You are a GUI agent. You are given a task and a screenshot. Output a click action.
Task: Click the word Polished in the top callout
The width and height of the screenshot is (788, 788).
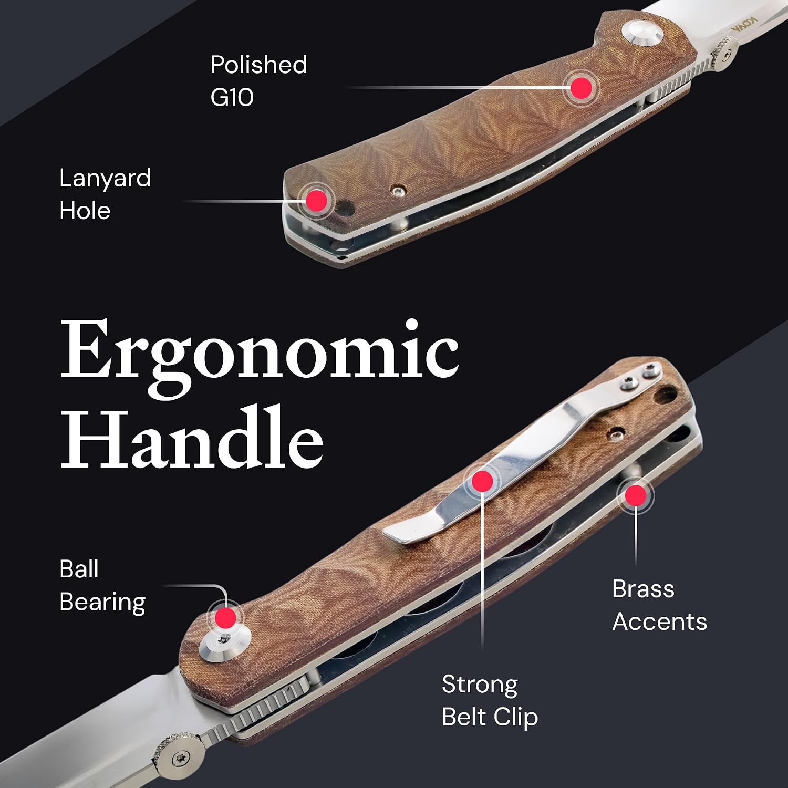point(258,65)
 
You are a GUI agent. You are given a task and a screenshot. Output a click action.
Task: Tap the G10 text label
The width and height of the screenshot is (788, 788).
point(232,97)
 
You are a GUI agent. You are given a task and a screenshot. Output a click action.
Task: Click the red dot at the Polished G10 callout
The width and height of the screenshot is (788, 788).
point(581,88)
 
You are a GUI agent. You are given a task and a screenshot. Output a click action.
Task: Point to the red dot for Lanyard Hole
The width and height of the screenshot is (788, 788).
point(317,200)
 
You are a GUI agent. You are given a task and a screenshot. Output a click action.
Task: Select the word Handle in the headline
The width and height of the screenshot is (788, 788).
point(192,437)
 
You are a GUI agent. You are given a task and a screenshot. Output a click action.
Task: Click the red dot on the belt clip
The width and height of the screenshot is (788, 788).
point(482,481)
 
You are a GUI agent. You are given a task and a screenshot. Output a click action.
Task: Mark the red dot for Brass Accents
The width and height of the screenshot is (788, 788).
point(636,495)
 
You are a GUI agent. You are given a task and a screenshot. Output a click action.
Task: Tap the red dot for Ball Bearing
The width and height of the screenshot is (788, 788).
point(226,618)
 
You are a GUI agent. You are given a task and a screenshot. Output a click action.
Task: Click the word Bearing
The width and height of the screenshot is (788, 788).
point(102,603)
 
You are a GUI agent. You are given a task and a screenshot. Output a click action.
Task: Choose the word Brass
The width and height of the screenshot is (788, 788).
point(643,589)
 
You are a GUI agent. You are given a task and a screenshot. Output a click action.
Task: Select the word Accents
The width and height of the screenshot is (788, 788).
point(660,622)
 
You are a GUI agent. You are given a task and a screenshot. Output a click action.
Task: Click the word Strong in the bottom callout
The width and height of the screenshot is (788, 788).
point(480,685)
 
